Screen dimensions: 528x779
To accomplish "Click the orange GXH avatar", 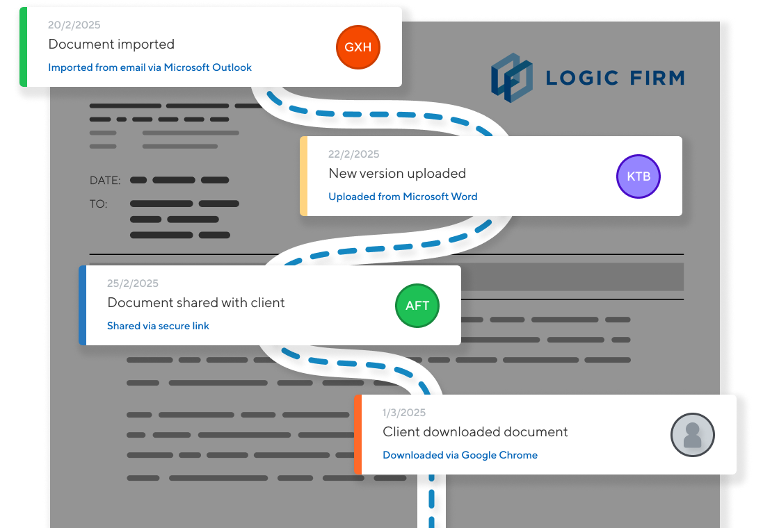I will point(358,47).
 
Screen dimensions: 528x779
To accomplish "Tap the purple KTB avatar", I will point(638,176).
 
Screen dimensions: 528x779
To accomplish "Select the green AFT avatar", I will point(417,306).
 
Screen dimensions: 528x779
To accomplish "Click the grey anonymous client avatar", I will point(692,435).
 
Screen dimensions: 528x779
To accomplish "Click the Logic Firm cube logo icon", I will point(511,77).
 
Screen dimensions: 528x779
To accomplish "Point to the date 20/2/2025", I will point(74,25).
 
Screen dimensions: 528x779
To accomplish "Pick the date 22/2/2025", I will point(354,154).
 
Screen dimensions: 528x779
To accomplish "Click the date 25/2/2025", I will point(133,283).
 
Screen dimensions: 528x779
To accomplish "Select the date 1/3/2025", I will point(404,413).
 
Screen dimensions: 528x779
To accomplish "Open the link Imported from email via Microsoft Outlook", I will point(150,67).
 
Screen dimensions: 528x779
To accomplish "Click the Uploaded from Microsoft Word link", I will point(403,197).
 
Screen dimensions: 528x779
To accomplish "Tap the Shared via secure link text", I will point(158,326).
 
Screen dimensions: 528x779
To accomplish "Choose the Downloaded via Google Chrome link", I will point(460,455).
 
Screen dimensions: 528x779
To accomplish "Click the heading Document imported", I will point(111,44).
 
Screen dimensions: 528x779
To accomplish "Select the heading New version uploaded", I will point(397,174).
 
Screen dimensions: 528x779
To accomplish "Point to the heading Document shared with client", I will point(196,303).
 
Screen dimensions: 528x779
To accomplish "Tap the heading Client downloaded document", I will point(475,432).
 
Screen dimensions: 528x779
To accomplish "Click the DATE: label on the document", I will point(105,181).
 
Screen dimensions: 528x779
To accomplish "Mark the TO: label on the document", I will point(98,204).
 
